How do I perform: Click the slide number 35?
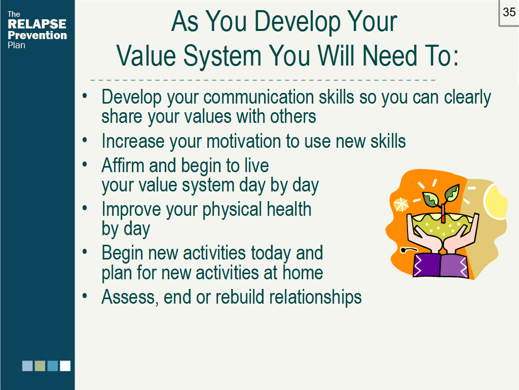pos(509,12)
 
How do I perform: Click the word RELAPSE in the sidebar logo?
pos(37,24)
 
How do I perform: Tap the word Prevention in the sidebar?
pos(38,35)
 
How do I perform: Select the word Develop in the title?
pos(297,21)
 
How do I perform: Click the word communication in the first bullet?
pos(258,97)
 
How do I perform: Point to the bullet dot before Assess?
pos(85,296)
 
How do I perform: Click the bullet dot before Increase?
pos(85,140)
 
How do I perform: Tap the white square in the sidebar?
pos(65,366)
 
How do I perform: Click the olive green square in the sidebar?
pos(40,366)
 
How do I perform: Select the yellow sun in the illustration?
pos(495,201)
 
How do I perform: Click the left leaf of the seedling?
pos(431,199)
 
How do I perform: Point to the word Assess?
pos(128,297)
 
